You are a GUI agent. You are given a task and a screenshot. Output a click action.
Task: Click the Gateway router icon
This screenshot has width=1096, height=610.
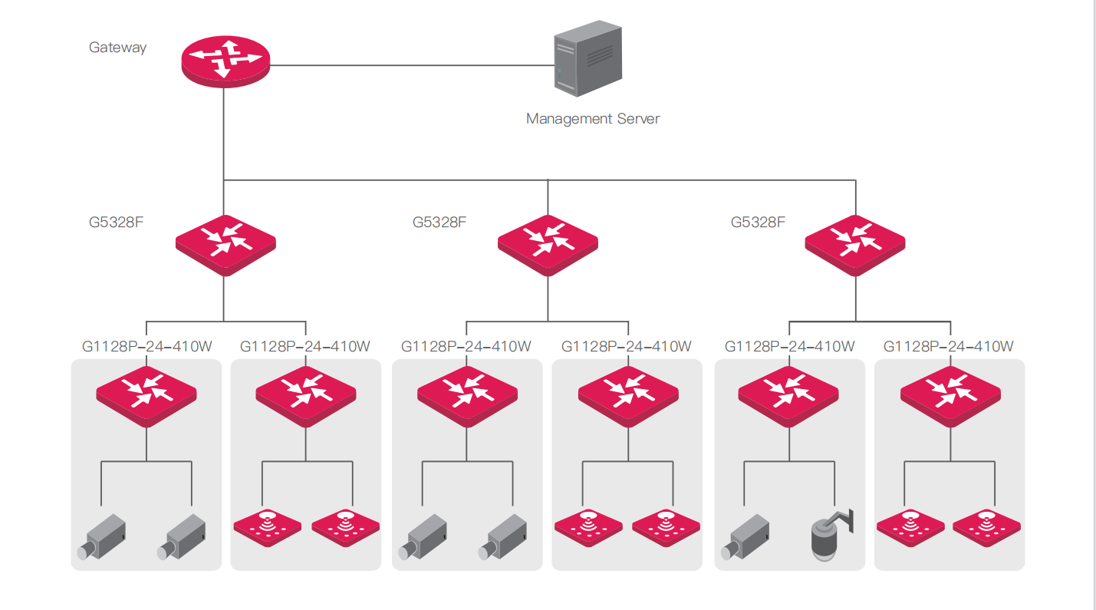pyautogui.click(x=225, y=61)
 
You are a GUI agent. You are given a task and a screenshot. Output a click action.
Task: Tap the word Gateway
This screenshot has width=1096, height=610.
pyautogui.click(x=117, y=48)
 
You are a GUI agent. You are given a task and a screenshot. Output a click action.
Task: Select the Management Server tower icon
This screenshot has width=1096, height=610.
pyautogui.click(x=588, y=58)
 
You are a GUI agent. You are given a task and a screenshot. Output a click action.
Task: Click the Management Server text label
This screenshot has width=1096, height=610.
pyautogui.click(x=593, y=118)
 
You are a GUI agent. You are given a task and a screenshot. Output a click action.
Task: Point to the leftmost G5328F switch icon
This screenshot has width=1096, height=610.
pyautogui.click(x=225, y=246)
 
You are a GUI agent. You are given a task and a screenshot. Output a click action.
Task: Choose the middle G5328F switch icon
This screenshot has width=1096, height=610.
pyautogui.click(x=548, y=246)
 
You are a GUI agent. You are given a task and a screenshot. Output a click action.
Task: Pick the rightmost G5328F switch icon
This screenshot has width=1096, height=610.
pyautogui.click(x=854, y=246)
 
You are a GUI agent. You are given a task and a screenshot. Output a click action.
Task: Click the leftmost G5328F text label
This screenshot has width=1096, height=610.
pyautogui.click(x=116, y=223)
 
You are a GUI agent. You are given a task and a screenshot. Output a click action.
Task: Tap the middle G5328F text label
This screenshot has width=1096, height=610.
pyautogui.click(x=439, y=223)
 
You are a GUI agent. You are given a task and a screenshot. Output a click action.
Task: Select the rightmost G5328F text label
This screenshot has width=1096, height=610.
pyautogui.click(x=758, y=223)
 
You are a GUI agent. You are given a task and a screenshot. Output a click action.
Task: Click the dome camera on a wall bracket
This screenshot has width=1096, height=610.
pyautogui.click(x=831, y=535)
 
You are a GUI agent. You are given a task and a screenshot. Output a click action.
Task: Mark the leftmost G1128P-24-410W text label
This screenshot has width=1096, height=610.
pyautogui.click(x=146, y=347)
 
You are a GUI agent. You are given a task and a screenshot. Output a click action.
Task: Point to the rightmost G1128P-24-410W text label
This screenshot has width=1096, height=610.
pyautogui.click(x=948, y=347)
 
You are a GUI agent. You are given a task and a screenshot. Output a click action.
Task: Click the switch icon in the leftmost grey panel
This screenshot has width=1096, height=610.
pyautogui.click(x=146, y=397)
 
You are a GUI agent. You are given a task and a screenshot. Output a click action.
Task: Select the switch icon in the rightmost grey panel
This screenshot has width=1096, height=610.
pyautogui.click(x=950, y=397)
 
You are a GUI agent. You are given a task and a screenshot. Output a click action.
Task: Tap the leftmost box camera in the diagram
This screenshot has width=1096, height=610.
pyautogui.click(x=102, y=536)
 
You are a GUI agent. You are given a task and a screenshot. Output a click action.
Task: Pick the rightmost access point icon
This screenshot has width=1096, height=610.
pyautogui.click(x=986, y=528)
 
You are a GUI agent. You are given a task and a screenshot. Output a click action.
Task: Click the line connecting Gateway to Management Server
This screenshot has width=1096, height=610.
pyautogui.click(x=412, y=65)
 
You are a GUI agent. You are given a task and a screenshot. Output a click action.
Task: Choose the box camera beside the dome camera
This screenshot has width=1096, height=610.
pyautogui.click(x=745, y=536)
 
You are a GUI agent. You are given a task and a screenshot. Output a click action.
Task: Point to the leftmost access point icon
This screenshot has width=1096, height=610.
pyautogui.click(x=267, y=528)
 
